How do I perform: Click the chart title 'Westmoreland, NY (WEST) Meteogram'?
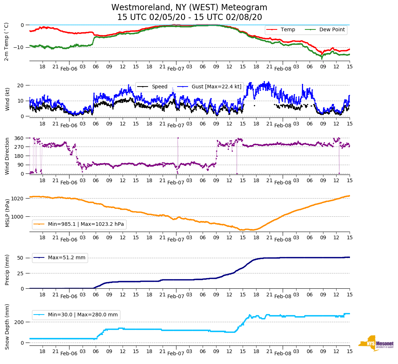189,8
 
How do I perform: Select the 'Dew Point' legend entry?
332,30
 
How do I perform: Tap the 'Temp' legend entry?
288,30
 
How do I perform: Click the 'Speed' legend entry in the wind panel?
159,87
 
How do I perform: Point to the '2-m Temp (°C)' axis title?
6,41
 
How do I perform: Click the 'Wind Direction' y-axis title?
7,156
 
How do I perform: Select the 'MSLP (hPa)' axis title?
7,213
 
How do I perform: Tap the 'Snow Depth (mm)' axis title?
7,327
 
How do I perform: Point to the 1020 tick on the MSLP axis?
18,199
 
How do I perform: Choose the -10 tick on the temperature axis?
18,47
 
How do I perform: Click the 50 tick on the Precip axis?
21,258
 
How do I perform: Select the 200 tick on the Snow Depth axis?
19,322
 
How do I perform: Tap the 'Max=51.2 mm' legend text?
67,258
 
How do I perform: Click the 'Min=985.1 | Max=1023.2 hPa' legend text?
86,224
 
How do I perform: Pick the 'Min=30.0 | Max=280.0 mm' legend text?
83,315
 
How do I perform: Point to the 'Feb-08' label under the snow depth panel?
283,353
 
